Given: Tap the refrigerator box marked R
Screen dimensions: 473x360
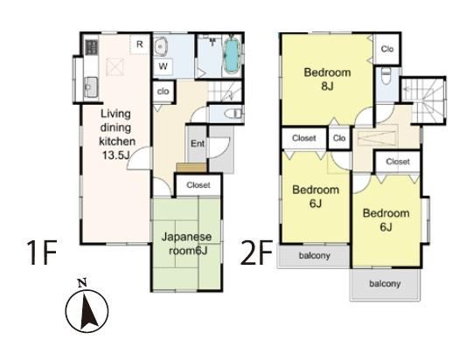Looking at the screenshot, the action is pyautogui.click(x=139, y=45).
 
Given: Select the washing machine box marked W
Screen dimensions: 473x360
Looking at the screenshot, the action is pyautogui.click(x=163, y=66).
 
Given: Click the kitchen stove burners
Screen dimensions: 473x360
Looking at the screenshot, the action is pyautogui.click(x=92, y=47).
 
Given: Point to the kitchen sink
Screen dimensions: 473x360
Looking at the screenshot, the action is pyautogui.click(x=91, y=87).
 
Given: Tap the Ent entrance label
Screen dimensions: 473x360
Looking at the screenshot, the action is pyautogui.click(x=198, y=143).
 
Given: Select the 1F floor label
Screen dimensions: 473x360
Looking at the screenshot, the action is pyautogui.click(x=41, y=253).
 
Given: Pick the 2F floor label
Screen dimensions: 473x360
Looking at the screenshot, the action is pyautogui.click(x=257, y=253).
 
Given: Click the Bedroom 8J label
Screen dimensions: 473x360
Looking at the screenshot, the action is pyautogui.click(x=327, y=79).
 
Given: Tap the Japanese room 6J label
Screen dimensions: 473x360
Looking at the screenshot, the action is pyautogui.click(x=187, y=244).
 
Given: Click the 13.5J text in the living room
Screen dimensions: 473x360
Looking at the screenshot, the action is pyautogui.click(x=115, y=156).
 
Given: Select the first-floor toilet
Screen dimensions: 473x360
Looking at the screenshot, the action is pyautogui.click(x=233, y=114).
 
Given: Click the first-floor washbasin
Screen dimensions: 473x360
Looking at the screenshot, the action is pyautogui.click(x=160, y=48).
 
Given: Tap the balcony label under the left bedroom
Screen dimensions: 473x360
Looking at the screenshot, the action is pyautogui.click(x=315, y=256).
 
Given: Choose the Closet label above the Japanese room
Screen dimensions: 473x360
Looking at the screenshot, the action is pyautogui.click(x=198, y=185).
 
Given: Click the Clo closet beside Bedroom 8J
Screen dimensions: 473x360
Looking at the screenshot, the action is pyautogui.click(x=387, y=49).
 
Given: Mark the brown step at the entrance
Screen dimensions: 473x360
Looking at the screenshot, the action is pyautogui.click(x=191, y=168).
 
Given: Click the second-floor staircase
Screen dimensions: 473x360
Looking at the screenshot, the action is pyautogui.click(x=423, y=100).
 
